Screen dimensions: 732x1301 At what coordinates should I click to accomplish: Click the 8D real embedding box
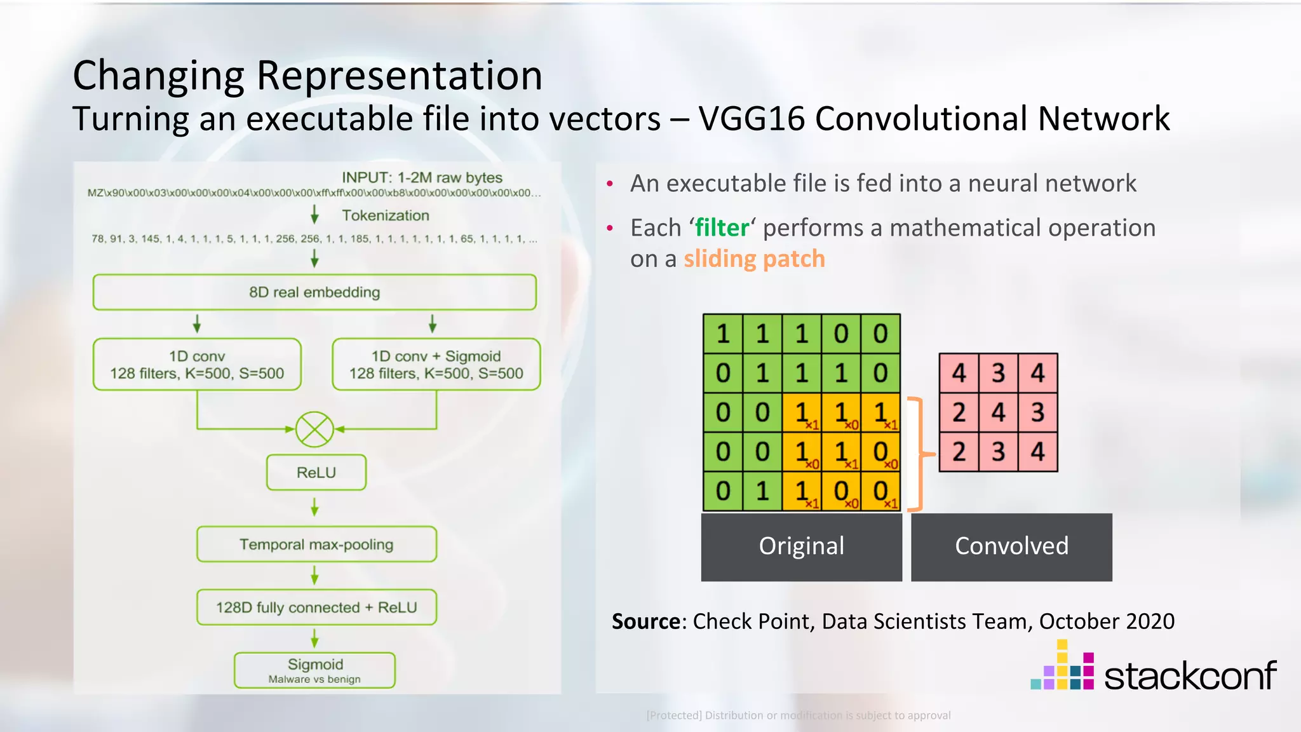coord(314,292)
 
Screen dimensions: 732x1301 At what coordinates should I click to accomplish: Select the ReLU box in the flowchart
coord(316,473)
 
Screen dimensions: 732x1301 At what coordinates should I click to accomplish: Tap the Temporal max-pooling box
coord(316,545)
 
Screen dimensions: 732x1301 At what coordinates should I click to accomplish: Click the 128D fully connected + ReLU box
coord(316,607)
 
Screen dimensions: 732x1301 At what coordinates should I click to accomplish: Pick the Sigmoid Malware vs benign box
coord(315,670)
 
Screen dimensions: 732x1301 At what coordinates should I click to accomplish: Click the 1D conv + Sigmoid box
coord(436,365)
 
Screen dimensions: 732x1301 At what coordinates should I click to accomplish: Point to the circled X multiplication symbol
coord(314,430)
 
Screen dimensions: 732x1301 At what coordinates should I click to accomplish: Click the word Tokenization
coord(386,215)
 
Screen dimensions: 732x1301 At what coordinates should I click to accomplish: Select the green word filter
coord(722,228)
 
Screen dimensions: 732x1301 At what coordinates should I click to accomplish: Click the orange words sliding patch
coord(754,259)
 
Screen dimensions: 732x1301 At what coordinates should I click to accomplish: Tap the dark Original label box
coord(801,546)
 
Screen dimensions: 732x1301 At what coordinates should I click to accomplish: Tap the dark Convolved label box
coord(1011,546)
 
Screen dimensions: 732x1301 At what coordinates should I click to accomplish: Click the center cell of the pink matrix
coord(999,412)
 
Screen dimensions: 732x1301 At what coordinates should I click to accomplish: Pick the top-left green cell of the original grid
coord(723,334)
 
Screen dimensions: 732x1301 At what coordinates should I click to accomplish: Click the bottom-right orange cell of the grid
coord(880,491)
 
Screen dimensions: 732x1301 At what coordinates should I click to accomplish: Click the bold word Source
coord(645,621)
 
